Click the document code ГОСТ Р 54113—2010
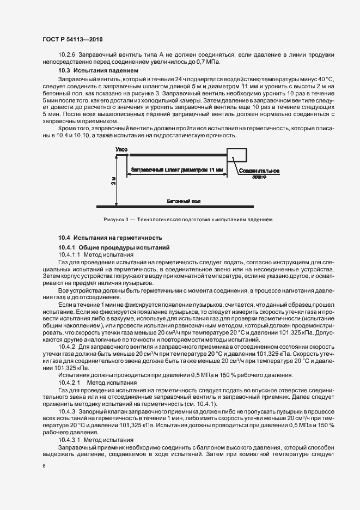click(72, 40)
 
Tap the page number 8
click(44, 466)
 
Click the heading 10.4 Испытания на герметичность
click(111, 238)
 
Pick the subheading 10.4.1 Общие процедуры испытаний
click(114, 247)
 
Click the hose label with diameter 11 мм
click(178, 170)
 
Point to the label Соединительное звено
click(259, 173)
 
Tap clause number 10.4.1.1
click(69, 254)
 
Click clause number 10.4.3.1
click(69, 439)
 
